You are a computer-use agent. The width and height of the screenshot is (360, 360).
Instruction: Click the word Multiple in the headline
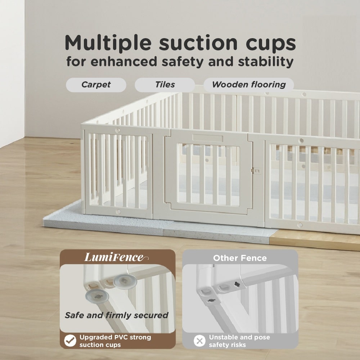click(x=108, y=43)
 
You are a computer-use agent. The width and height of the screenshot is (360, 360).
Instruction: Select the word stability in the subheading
click(x=266, y=62)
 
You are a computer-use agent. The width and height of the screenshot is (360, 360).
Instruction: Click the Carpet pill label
click(x=96, y=85)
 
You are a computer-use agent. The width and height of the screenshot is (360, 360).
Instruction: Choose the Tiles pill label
click(x=165, y=85)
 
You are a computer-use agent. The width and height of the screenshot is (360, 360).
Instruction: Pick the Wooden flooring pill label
click(x=249, y=85)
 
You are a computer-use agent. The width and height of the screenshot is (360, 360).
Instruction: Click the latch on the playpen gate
click(x=256, y=171)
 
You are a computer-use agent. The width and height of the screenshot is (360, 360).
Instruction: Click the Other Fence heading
click(x=240, y=258)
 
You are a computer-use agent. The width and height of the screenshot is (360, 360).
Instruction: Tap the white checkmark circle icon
click(x=70, y=341)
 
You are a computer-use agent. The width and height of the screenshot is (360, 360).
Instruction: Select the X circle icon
click(x=199, y=341)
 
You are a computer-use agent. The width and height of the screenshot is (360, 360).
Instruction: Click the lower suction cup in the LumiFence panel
click(x=97, y=296)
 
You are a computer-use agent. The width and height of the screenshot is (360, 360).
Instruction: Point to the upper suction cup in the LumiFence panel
click(x=125, y=282)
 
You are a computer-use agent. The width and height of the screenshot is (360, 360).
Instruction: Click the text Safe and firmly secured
click(x=117, y=315)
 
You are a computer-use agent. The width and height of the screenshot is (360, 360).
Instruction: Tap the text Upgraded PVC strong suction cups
click(x=115, y=341)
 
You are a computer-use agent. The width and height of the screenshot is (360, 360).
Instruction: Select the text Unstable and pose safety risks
click(x=239, y=341)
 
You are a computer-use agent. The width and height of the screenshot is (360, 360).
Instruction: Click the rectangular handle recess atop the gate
click(x=208, y=138)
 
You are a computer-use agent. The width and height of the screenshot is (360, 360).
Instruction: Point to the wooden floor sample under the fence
click(x=315, y=239)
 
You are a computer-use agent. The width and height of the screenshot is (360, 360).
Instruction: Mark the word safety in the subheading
click(x=183, y=62)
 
